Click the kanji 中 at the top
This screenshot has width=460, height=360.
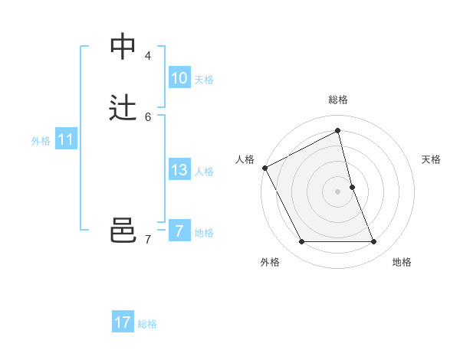[123, 47]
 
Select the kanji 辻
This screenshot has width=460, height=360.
[123, 108]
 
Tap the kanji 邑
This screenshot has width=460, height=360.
[123, 231]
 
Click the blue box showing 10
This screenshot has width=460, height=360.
[179, 78]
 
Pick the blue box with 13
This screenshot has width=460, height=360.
[179, 170]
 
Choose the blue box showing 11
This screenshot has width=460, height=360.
[66, 139]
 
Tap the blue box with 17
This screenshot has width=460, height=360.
[123, 322]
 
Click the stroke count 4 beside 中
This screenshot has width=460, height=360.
[148, 56]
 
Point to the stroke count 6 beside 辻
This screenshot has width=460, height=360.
[148, 117]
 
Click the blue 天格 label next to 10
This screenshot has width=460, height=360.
[204, 79]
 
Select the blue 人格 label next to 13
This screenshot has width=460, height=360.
[204, 171]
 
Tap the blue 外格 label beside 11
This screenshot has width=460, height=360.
[41, 140]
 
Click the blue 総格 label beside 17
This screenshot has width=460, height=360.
[147, 324]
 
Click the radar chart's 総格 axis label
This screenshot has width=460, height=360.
[338, 100]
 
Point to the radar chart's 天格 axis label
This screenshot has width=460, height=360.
[431, 159]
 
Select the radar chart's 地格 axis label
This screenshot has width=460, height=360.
[402, 262]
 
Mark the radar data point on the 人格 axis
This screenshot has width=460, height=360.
[264, 168]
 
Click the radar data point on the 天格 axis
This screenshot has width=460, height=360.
[352, 187]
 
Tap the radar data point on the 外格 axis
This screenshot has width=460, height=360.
[301, 242]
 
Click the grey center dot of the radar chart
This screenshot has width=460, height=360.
[338, 191]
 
